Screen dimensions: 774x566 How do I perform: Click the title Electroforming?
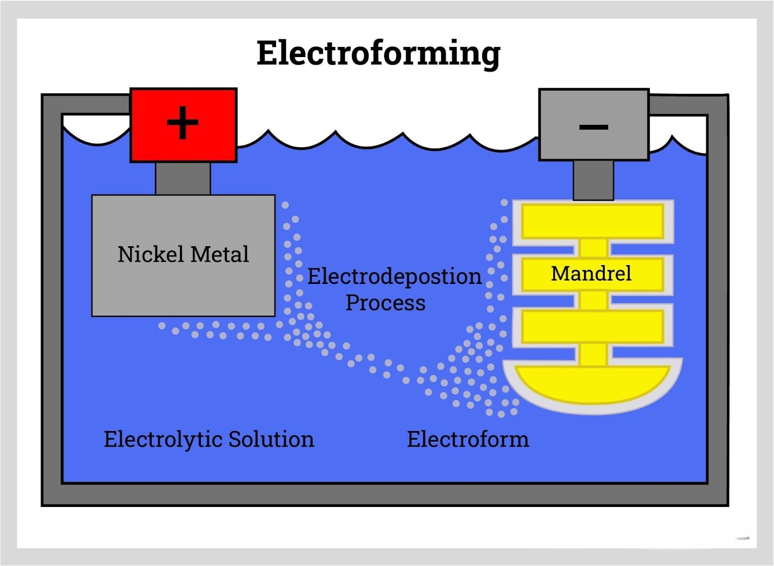tap(378, 54)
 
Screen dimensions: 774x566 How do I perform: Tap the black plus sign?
tap(182, 122)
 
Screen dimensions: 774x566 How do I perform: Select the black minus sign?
tap(594, 127)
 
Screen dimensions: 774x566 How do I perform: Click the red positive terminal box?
tap(183, 125)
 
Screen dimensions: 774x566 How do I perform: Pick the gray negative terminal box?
tap(594, 125)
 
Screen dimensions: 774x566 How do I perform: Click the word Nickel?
tap(151, 254)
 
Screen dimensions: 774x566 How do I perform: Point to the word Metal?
tap(220, 254)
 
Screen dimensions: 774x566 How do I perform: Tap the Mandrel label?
tap(591, 274)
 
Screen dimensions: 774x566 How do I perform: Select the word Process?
tap(386, 303)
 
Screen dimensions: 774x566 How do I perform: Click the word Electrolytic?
tap(163, 440)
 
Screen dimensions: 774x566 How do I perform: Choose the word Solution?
tap(271, 439)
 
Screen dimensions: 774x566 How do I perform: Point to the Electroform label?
tap(468, 439)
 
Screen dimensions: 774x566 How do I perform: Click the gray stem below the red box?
tap(183, 179)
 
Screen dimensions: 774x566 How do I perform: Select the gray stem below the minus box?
tap(593, 180)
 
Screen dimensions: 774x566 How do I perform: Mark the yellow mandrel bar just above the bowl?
tap(593, 327)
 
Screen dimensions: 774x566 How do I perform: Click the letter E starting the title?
tap(268, 53)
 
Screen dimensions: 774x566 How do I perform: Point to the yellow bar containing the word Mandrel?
tap(593, 274)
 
